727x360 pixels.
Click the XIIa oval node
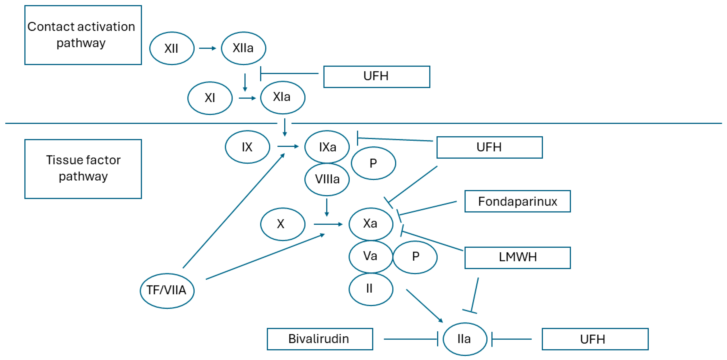click(x=243, y=48)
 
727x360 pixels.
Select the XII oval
click(x=172, y=48)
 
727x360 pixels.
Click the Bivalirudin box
click(x=319, y=339)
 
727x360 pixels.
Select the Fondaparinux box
click(x=517, y=201)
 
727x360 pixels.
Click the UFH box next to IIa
click(x=595, y=339)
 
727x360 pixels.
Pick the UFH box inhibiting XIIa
click(x=376, y=77)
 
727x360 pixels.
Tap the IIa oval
click(x=465, y=339)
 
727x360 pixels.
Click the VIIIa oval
click(x=327, y=179)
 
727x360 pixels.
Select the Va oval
click(x=371, y=256)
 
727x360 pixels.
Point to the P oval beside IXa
click(x=373, y=163)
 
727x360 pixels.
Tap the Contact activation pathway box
click(x=83, y=35)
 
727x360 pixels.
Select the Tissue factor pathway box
click(x=83, y=169)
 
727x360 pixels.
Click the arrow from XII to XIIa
click(x=207, y=48)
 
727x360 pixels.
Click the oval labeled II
click(x=371, y=289)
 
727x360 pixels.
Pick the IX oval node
click(x=247, y=147)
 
